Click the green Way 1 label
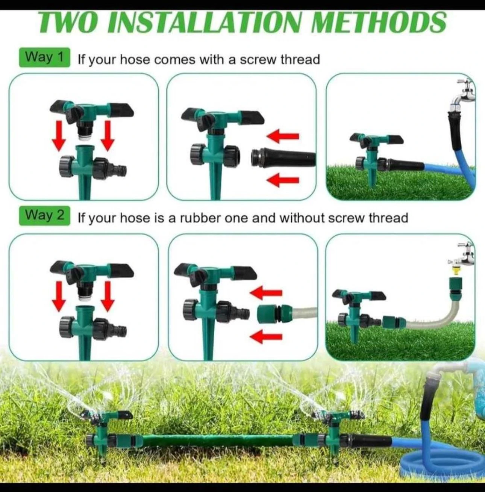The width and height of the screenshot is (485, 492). [x=44, y=58]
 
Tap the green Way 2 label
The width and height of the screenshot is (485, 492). [x=44, y=216]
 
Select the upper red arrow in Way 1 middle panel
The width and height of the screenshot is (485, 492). [x=283, y=136]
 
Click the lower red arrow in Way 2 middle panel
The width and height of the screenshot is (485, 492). [x=266, y=336]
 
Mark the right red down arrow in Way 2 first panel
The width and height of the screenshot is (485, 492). [x=108, y=296]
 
